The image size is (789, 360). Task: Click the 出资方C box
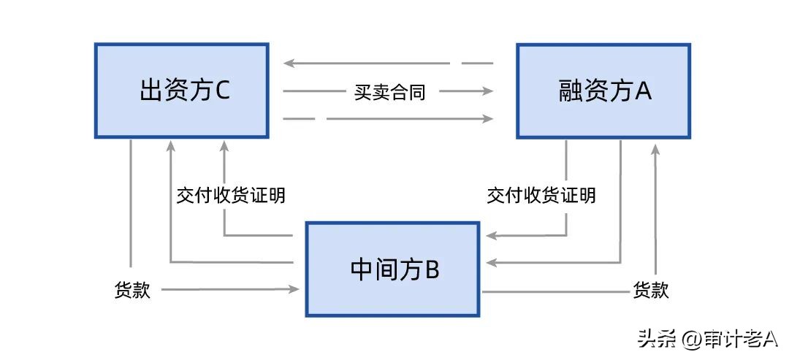click(181, 91)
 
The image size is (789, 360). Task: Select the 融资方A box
click(603, 91)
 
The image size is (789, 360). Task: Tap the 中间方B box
click(394, 269)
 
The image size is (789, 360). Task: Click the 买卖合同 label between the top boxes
click(389, 92)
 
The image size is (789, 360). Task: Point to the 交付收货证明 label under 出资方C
click(231, 196)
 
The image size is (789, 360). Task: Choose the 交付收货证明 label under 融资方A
click(541, 196)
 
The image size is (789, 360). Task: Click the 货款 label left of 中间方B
click(132, 290)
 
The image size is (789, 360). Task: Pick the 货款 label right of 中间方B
click(650, 290)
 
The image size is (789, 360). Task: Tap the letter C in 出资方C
click(223, 91)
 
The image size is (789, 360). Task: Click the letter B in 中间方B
click(431, 269)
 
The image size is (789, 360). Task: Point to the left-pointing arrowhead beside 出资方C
click(289, 64)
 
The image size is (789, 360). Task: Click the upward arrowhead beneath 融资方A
click(655, 149)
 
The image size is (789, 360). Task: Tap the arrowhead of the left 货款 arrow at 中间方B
click(295, 290)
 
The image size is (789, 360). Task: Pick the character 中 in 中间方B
click(362, 269)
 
